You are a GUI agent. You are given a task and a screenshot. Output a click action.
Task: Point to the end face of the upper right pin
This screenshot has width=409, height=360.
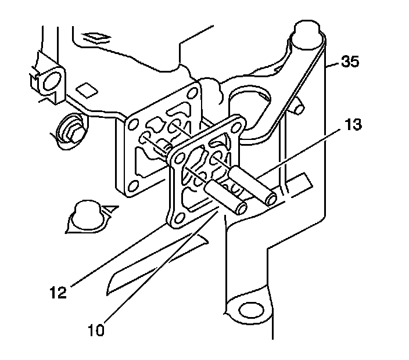(270, 199)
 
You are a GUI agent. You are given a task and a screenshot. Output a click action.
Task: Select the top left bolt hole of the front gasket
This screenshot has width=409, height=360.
(175, 154)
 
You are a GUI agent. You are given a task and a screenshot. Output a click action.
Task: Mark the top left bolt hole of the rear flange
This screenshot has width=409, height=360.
(133, 123)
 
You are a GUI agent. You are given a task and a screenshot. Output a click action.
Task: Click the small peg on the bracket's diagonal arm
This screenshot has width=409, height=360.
(298, 106)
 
